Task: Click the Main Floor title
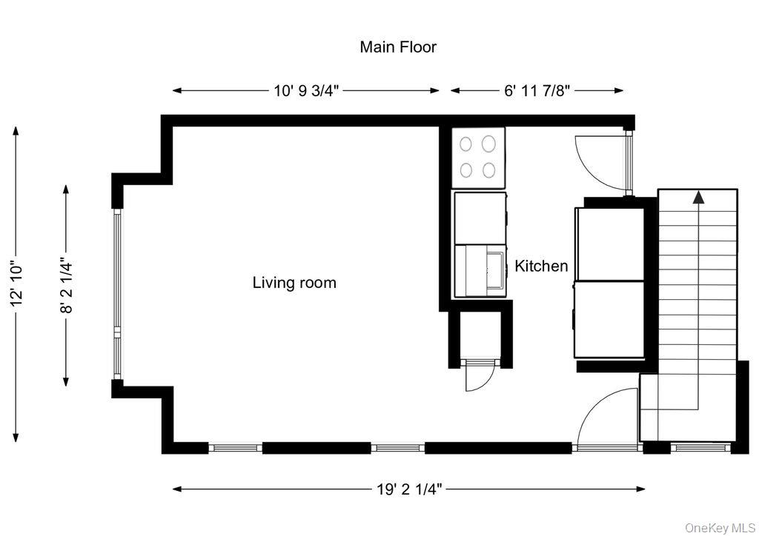pos(398,47)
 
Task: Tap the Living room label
pos(294,283)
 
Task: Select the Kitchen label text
pos(541,266)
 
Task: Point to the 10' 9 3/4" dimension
pos(306,90)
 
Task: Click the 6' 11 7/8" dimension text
pos(537,90)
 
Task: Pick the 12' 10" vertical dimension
pos(17,283)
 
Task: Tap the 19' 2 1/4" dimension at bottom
pos(409,489)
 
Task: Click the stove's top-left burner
pos(467,142)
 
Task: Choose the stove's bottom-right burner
pos(488,170)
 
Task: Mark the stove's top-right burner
pos(488,142)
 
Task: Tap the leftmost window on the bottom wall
pos(235,448)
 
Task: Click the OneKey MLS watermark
pos(719,527)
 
